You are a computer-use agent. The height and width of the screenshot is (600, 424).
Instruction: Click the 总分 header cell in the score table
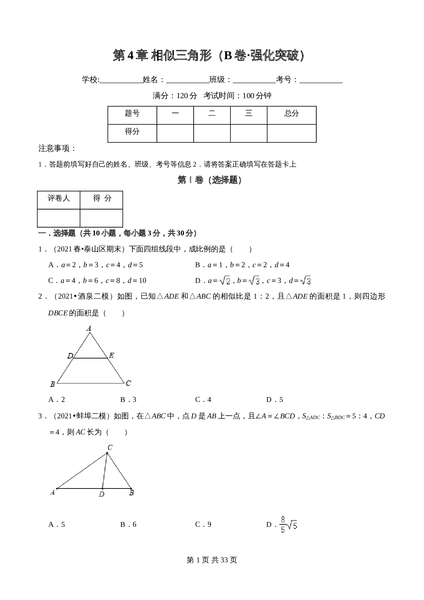point(291,114)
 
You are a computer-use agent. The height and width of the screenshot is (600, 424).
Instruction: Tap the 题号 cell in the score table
point(132,114)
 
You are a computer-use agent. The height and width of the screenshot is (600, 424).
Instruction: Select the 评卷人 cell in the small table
point(58,198)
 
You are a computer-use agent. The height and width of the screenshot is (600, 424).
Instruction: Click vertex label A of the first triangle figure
point(89,328)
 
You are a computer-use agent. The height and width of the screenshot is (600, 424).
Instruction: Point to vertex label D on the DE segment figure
point(70,356)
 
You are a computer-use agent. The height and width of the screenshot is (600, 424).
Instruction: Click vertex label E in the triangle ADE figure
point(111,355)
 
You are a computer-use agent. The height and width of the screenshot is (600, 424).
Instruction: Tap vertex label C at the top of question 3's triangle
point(110,447)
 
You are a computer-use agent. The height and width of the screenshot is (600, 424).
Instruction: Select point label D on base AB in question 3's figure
point(102,494)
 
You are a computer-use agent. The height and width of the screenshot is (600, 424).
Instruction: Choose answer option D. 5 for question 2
point(275,400)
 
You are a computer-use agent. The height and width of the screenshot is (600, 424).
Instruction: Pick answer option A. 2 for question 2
point(57,400)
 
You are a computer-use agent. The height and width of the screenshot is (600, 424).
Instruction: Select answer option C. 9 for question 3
point(203,524)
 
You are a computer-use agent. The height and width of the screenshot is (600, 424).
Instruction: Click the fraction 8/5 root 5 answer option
point(288,524)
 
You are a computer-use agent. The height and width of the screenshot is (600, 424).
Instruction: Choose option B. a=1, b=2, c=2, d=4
point(242,265)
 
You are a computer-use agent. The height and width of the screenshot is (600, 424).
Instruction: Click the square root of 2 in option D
point(225,281)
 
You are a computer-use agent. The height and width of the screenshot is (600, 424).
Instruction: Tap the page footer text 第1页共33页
point(212,560)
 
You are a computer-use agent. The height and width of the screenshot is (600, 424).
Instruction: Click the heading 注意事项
point(57,148)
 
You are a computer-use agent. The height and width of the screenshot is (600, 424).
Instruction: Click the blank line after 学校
point(121,80)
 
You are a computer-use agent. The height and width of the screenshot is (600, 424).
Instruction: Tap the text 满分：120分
point(175,96)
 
